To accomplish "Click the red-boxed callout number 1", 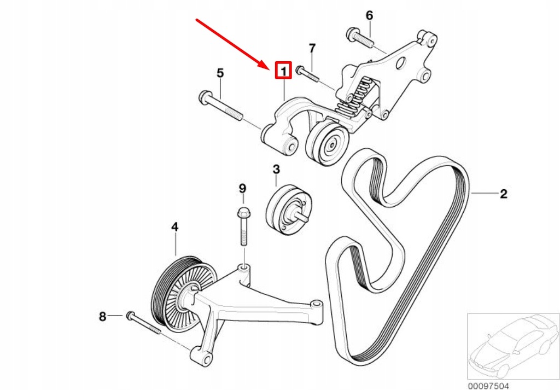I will tap(283, 71).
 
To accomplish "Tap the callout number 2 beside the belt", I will tap(503, 193).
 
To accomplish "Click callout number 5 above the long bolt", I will tap(220, 73).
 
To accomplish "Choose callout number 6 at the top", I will tap(369, 15).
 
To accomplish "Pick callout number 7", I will tap(312, 49).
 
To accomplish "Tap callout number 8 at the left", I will tap(102, 316).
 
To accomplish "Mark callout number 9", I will tap(242, 189).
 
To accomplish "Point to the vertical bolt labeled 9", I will tap(243, 227).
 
